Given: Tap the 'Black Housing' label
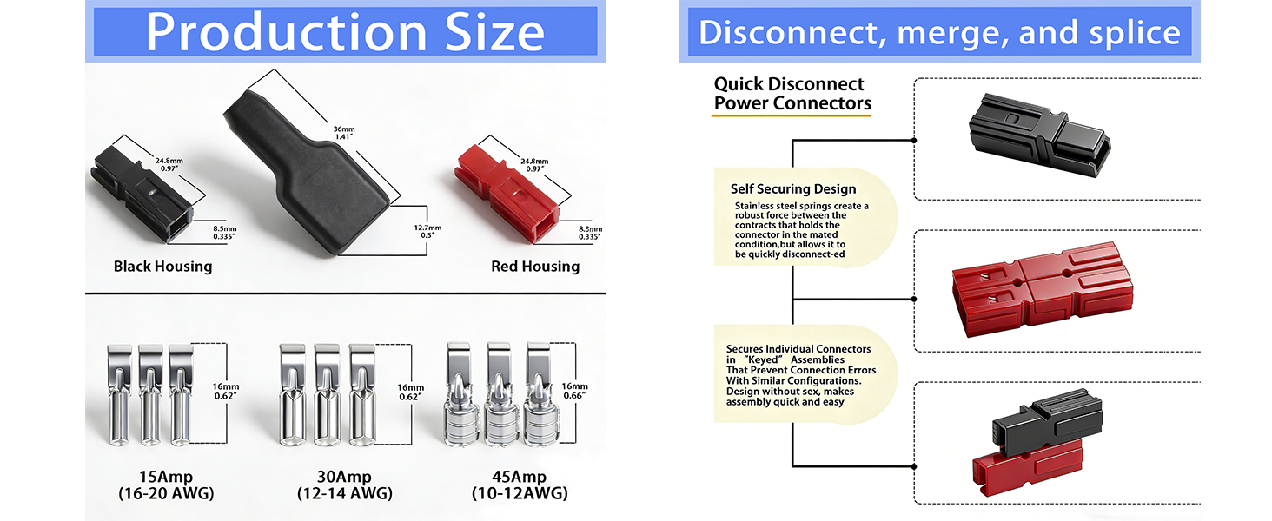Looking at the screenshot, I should (x=162, y=267).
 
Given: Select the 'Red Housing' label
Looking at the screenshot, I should (x=535, y=267).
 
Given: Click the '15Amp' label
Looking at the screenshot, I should (x=166, y=476).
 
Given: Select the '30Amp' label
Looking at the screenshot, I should (x=340, y=476).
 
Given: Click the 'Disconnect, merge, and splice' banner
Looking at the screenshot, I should (x=939, y=33).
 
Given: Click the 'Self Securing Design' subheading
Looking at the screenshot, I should (x=793, y=189).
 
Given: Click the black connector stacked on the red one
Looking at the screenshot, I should (x=1047, y=420).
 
